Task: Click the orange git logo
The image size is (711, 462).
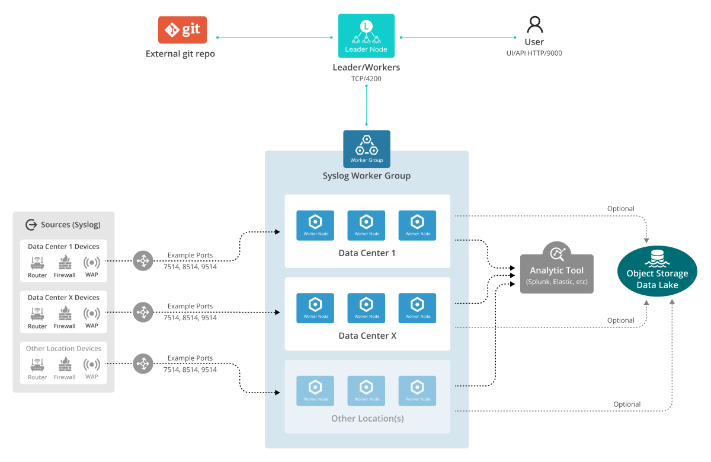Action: (x=182, y=30)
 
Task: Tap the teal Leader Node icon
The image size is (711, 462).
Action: (x=366, y=36)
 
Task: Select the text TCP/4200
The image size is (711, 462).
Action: (x=366, y=78)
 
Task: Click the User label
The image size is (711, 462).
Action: (x=534, y=42)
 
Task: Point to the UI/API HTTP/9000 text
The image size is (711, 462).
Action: (x=534, y=53)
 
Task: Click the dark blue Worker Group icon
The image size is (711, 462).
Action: (x=367, y=148)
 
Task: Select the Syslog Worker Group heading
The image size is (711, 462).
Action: (x=366, y=176)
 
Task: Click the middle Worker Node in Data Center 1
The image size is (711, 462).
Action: (x=366, y=225)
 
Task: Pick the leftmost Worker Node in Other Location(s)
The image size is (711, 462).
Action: (x=315, y=390)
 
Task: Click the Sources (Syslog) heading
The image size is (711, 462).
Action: (x=63, y=225)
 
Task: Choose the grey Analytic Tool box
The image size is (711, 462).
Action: (x=556, y=273)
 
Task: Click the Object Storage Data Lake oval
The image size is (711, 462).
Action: (x=657, y=272)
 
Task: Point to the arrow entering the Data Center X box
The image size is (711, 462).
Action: (x=273, y=312)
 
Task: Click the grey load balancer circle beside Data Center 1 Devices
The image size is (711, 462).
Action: (x=143, y=260)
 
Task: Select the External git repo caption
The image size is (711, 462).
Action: (x=180, y=54)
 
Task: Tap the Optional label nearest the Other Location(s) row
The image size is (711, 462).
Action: (x=627, y=404)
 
